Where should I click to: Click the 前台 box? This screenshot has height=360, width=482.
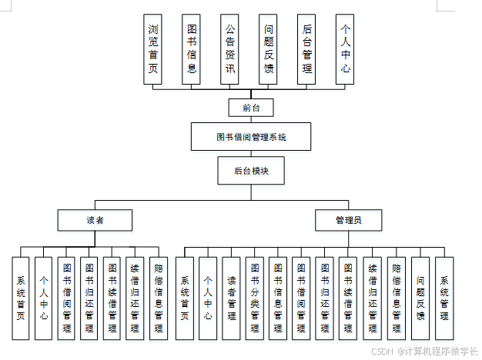coord(251,108)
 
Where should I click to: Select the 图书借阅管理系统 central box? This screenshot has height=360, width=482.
coord(251,137)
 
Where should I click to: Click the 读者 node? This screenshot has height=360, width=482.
coord(95,220)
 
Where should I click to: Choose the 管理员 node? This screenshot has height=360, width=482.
coord(348,220)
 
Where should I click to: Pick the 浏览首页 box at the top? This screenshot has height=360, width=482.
coord(153,49)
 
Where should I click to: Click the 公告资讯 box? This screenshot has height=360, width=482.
coord(229,49)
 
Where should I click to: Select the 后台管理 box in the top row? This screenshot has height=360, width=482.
coord(306,49)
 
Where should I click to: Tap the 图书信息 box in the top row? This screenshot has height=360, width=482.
coord(192,49)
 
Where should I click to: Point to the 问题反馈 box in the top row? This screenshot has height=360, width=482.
coord(268,49)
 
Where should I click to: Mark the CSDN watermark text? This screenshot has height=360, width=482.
coord(423,350)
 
